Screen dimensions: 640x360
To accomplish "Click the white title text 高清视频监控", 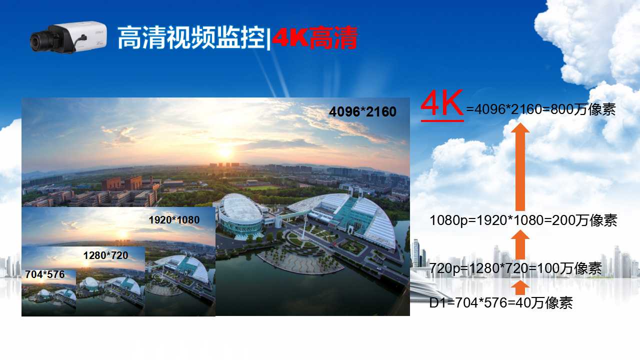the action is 191,37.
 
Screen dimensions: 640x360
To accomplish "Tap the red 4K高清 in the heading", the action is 315,37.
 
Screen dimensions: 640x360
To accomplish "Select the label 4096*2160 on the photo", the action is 362,111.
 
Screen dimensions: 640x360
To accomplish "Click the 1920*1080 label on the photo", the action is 174,220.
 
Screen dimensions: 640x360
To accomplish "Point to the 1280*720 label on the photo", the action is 105,255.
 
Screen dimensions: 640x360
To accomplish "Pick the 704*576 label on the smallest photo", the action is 45,274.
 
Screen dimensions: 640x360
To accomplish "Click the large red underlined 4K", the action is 442,104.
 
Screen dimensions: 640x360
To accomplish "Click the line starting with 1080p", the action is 523,220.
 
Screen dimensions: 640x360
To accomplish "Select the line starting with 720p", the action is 515,268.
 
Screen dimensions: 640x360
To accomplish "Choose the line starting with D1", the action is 501,303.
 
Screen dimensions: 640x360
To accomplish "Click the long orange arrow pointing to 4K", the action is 520,167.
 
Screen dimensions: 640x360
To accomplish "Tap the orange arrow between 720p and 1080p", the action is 520,245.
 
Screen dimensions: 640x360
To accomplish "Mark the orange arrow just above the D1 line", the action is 520,287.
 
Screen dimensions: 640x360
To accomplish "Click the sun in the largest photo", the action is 225,152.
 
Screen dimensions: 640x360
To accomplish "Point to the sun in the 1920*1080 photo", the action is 123,234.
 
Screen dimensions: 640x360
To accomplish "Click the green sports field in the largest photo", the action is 262,187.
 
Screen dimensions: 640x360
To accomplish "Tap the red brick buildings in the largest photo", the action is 122,183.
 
